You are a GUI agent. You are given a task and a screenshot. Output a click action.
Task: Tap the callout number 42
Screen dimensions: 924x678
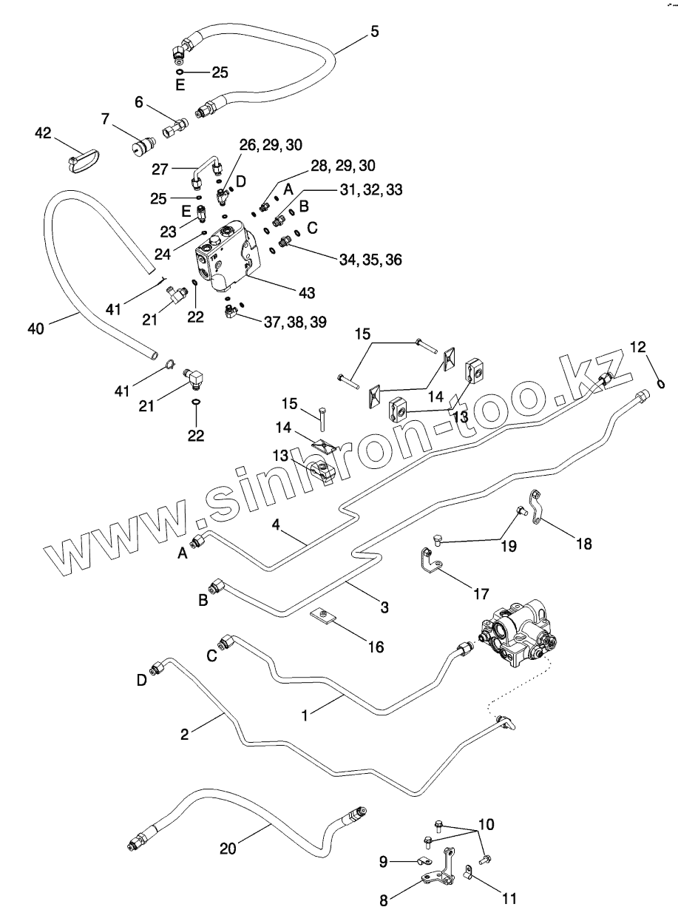(44, 132)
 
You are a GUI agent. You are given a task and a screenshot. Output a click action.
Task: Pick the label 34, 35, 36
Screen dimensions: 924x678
(371, 260)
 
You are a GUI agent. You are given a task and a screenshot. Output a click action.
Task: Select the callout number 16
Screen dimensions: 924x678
(376, 647)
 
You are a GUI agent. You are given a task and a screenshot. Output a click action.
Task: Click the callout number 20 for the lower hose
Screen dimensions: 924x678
(228, 849)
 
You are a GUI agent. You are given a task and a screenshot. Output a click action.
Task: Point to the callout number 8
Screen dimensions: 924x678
(384, 900)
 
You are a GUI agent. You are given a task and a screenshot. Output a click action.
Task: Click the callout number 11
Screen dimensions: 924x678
(509, 899)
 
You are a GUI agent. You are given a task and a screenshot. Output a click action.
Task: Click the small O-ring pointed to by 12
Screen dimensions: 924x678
(661, 383)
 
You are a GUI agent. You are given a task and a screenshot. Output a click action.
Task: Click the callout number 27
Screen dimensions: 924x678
(159, 169)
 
